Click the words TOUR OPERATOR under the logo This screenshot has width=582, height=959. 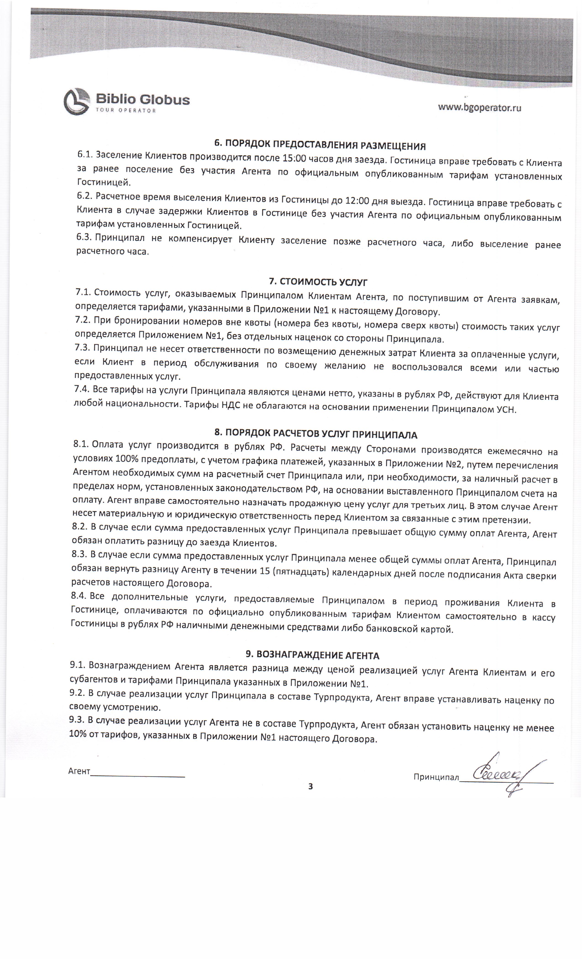tap(125, 111)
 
